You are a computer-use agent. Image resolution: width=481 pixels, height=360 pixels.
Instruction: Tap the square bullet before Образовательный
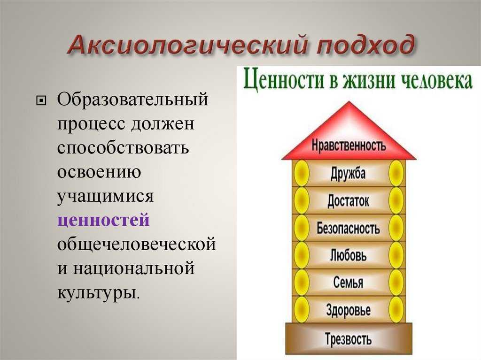coord(41,100)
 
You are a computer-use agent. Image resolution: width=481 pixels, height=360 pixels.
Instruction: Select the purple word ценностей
coord(103,220)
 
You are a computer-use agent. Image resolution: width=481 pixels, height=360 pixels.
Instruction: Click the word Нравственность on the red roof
coord(349,145)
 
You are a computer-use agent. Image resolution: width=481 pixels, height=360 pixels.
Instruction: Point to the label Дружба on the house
coord(348,173)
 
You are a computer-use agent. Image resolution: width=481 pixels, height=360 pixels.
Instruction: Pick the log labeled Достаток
coord(349,201)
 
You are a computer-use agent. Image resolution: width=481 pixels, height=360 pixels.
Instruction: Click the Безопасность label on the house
coord(348,228)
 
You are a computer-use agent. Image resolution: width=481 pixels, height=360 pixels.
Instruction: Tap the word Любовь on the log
coord(348,255)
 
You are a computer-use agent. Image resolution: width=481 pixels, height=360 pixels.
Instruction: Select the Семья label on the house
coord(348,283)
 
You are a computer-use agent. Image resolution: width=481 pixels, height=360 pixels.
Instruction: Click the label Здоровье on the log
coord(348,310)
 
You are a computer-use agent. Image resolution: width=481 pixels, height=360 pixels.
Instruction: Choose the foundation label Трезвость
coord(348,339)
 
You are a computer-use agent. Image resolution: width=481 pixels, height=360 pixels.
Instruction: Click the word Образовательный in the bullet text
coord(132,100)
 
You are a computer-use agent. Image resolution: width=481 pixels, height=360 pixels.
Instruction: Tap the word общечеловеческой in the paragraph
coord(137,245)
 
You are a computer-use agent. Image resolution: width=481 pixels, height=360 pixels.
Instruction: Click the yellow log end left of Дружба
coord(301,173)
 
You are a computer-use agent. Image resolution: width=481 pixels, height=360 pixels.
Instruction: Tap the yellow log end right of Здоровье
coord(396,310)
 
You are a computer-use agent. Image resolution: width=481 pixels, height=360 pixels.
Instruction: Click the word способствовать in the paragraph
coord(123,147)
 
